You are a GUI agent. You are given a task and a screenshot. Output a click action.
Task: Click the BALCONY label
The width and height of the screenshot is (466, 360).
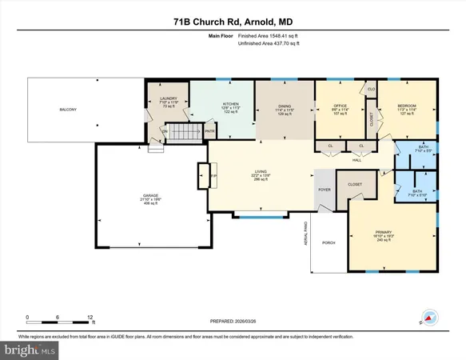(67, 110)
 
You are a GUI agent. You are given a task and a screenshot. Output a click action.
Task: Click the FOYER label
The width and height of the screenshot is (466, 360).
(325, 190)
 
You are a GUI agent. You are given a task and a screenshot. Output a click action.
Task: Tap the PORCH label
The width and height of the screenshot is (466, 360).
(328, 244)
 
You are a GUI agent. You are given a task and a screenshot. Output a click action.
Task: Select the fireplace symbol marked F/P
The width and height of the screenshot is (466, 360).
(202, 174)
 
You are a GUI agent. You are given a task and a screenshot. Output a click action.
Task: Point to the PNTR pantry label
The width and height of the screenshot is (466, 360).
(209, 132)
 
